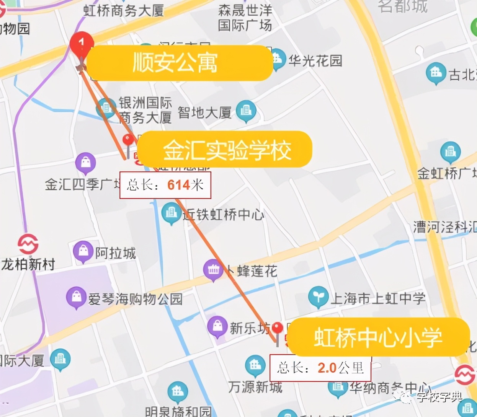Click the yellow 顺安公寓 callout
coord(179,63)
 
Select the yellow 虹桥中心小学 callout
coord(378,337)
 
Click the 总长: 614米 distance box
coord(165,185)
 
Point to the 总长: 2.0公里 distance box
coord(320,368)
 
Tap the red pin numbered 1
coord(82,43)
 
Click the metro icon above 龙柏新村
coord(28,243)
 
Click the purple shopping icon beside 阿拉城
coord(83,251)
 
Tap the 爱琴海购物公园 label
coord(135,299)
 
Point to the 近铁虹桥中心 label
coord(223,215)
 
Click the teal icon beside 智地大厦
coord(246,111)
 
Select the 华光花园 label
coord(315,60)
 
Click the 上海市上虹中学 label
coord(378,298)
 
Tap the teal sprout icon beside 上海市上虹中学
coord(318,296)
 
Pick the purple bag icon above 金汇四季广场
coord(86,163)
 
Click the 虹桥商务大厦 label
coord(124,10)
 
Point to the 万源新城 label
coord(255,387)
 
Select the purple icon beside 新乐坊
coord(217,326)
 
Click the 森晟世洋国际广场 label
coord(245,18)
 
